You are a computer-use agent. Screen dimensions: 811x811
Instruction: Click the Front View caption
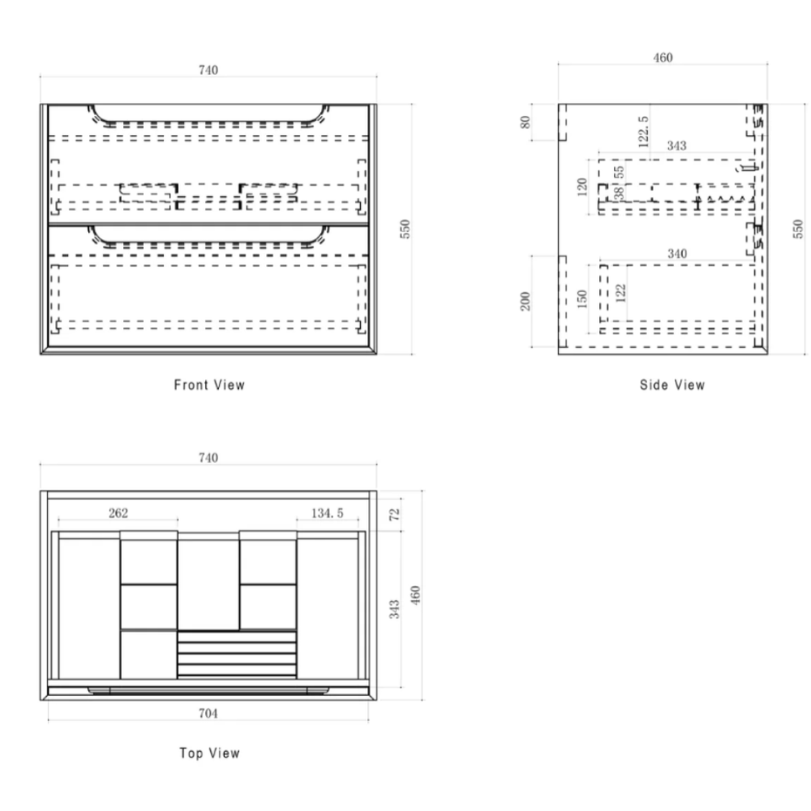(x=209, y=385)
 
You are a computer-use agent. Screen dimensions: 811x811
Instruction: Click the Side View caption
(x=671, y=385)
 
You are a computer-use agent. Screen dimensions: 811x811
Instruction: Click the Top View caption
(x=209, y=753)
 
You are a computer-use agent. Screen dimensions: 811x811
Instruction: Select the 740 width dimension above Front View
(x=208, y=70)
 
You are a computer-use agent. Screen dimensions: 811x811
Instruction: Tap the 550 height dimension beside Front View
(x=405, y=229)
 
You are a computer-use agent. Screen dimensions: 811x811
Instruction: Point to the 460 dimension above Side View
(x=663, y=58)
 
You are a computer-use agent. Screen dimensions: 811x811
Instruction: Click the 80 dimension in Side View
(x=526, y=122)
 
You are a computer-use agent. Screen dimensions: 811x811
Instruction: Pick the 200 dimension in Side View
(x=526, y=302)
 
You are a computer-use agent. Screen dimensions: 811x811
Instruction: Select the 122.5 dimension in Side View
(x=643, y=132)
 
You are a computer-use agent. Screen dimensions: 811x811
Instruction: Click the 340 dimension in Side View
(x=677, y=254)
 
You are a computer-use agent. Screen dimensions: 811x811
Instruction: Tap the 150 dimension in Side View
(x=583, y=299)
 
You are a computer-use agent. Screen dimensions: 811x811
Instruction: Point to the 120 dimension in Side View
(x=583, y=187)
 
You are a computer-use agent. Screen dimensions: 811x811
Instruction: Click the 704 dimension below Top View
(x=208, y=713)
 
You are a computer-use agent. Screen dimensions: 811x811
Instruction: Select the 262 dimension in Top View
(x=118, y=513)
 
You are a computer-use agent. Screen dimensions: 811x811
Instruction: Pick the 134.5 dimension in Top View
(x=327, y=513)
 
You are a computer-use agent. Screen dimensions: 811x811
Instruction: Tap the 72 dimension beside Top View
(x=395, y=515)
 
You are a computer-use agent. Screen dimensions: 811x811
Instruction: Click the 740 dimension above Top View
(x=208, y=458)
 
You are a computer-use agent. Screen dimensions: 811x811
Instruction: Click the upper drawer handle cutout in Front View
(x=208, y=123)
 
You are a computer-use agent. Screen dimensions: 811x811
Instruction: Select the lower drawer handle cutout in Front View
(x=208, y=243)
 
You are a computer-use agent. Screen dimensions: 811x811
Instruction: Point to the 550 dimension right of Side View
(x=798, y=229)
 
